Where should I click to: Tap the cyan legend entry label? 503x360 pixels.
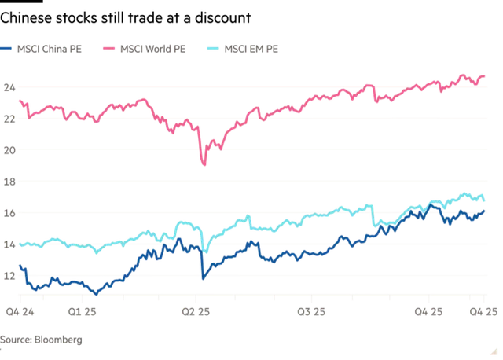click(x=253, y=50)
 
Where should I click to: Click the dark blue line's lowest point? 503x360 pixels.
click(x=95, y=293)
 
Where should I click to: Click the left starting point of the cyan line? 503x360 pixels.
click(x=17, y=244)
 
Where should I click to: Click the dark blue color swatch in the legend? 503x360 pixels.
click(x=8, y=50)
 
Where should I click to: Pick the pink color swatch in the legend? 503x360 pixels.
click(x=108, y=50)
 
